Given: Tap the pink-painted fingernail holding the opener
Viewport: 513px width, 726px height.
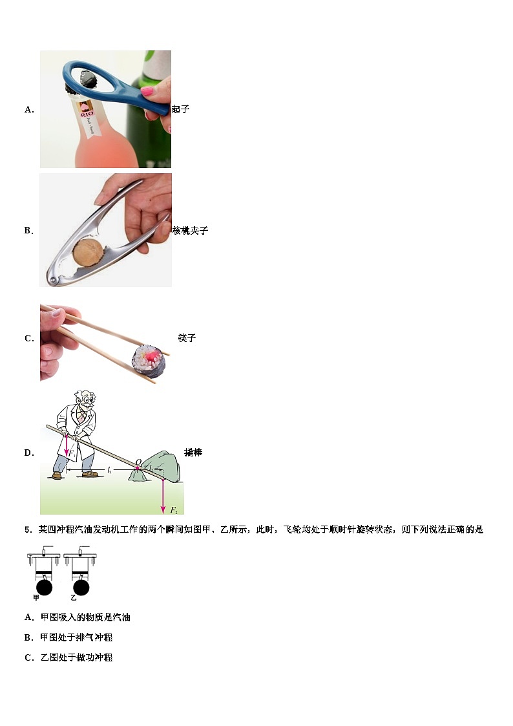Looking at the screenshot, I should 148,91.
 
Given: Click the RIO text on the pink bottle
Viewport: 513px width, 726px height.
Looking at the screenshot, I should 85,115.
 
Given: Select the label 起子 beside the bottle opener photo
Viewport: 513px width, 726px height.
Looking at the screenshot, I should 180,109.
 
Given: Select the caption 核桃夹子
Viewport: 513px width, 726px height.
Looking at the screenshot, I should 190,231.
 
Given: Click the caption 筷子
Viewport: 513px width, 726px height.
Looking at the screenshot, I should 187,338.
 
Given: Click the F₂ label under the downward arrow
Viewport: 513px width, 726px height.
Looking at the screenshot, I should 165,509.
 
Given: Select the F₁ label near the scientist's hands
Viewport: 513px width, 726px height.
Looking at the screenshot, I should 73,454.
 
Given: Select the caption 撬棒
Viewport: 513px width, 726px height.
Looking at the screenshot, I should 193,453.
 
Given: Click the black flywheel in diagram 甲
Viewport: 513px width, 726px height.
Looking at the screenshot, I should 45,587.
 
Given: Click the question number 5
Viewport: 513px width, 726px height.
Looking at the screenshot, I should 28,529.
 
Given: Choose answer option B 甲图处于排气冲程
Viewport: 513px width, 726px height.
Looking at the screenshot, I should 68,637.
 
